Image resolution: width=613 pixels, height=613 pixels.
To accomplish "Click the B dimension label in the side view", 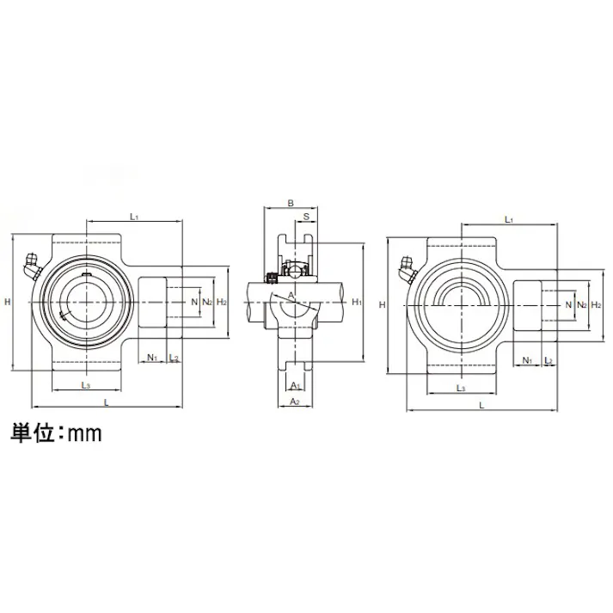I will pos(291,204).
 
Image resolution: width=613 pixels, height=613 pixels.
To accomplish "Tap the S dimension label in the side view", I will pos(306,218).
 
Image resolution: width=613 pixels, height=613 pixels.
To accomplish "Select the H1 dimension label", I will pos(356,302).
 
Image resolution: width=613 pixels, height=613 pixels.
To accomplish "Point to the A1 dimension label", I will pos(295,385).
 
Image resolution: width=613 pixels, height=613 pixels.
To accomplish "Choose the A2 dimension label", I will pos(294,402).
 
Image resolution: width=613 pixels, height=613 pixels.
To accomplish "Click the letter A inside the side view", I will pos(291,295).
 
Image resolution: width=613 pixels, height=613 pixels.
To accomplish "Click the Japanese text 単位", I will pos(34,433).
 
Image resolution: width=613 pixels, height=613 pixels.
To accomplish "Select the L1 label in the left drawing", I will pos(135,217).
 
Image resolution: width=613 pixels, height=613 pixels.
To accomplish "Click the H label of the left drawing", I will pos(7,302).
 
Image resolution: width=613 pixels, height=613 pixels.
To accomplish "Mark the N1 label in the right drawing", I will pos(527,359).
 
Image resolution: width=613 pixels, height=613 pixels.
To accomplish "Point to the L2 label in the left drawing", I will pos(175,358).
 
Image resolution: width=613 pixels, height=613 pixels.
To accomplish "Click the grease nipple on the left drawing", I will pos(31,264).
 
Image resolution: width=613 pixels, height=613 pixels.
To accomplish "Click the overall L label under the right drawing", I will pos(481,404).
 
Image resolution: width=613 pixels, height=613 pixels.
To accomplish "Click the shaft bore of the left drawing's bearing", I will pos(85,302).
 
